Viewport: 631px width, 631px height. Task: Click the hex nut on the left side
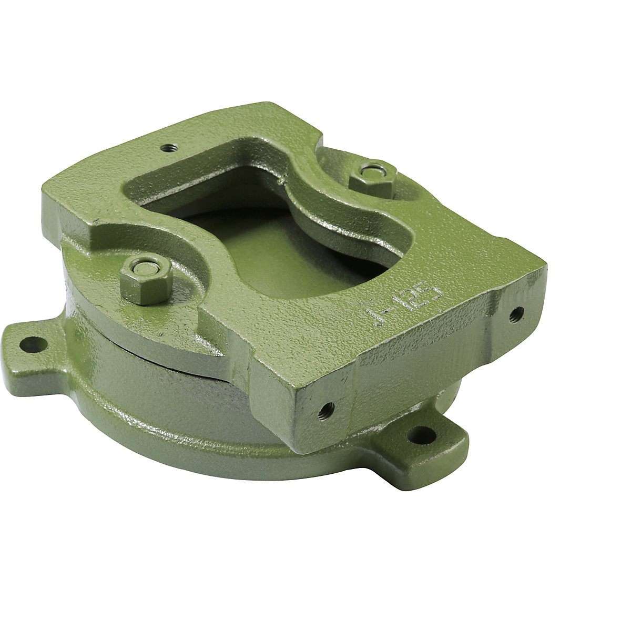tap(146, 282)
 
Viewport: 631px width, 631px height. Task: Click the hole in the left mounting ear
tap(33, 344)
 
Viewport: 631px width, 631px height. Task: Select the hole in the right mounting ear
tap(422, 434)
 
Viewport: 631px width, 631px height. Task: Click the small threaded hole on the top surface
tap(168, 148)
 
